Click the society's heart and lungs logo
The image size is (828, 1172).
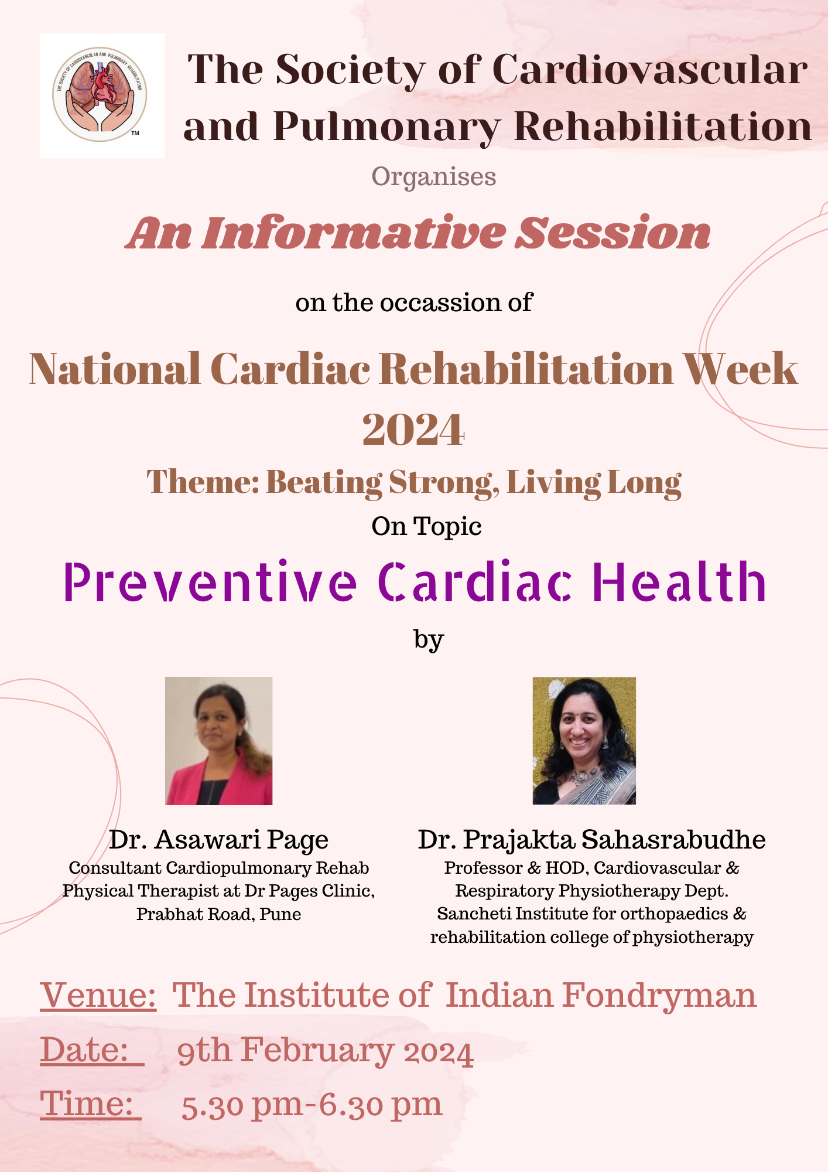click(100, 94)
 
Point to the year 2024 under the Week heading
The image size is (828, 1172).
click(413, 430)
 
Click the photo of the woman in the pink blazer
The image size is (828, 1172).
click(219, 741)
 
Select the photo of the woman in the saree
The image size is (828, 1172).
click(584, 741)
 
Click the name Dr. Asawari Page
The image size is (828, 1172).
click(218, 840)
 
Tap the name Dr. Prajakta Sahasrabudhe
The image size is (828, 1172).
click(591, 840)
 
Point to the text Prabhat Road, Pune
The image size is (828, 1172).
click(219, 914)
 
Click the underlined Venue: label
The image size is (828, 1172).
click(98, 995)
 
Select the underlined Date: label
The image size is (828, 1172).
click(92, 1050)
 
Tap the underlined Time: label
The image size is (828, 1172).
click(91, 1104)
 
